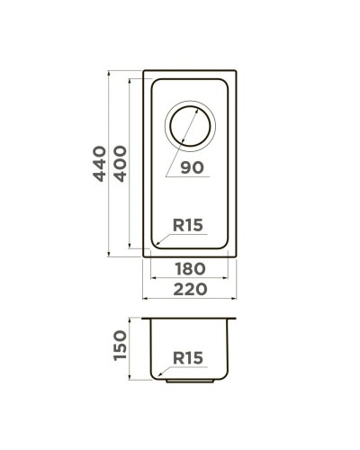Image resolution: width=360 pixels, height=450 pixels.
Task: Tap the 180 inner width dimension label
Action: [189, 268]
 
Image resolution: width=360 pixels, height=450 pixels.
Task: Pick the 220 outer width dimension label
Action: [189, 290]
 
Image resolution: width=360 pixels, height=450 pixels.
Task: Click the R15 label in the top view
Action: [189, 226]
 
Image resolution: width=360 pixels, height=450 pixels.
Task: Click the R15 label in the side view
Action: [188, 358]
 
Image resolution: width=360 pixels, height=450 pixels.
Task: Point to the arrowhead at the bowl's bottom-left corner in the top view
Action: [155, 244]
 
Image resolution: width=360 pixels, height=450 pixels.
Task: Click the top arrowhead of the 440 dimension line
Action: [110, 71]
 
